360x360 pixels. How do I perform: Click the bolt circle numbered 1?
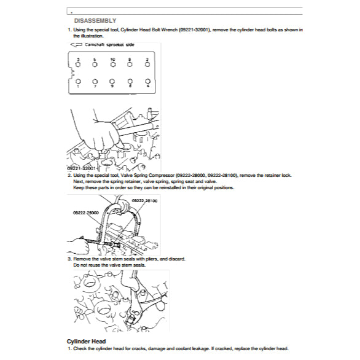point(77,80)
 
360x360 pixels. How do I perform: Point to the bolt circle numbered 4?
point(148,80)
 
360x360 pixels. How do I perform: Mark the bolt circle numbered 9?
point(112,80)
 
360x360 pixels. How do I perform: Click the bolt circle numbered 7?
point(95,80)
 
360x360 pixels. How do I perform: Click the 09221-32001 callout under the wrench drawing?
point(80,168)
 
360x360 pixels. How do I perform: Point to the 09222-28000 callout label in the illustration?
point(86,211)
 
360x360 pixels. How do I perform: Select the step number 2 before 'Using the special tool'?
point(69,175)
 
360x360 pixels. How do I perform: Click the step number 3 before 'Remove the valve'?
point(69,259)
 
